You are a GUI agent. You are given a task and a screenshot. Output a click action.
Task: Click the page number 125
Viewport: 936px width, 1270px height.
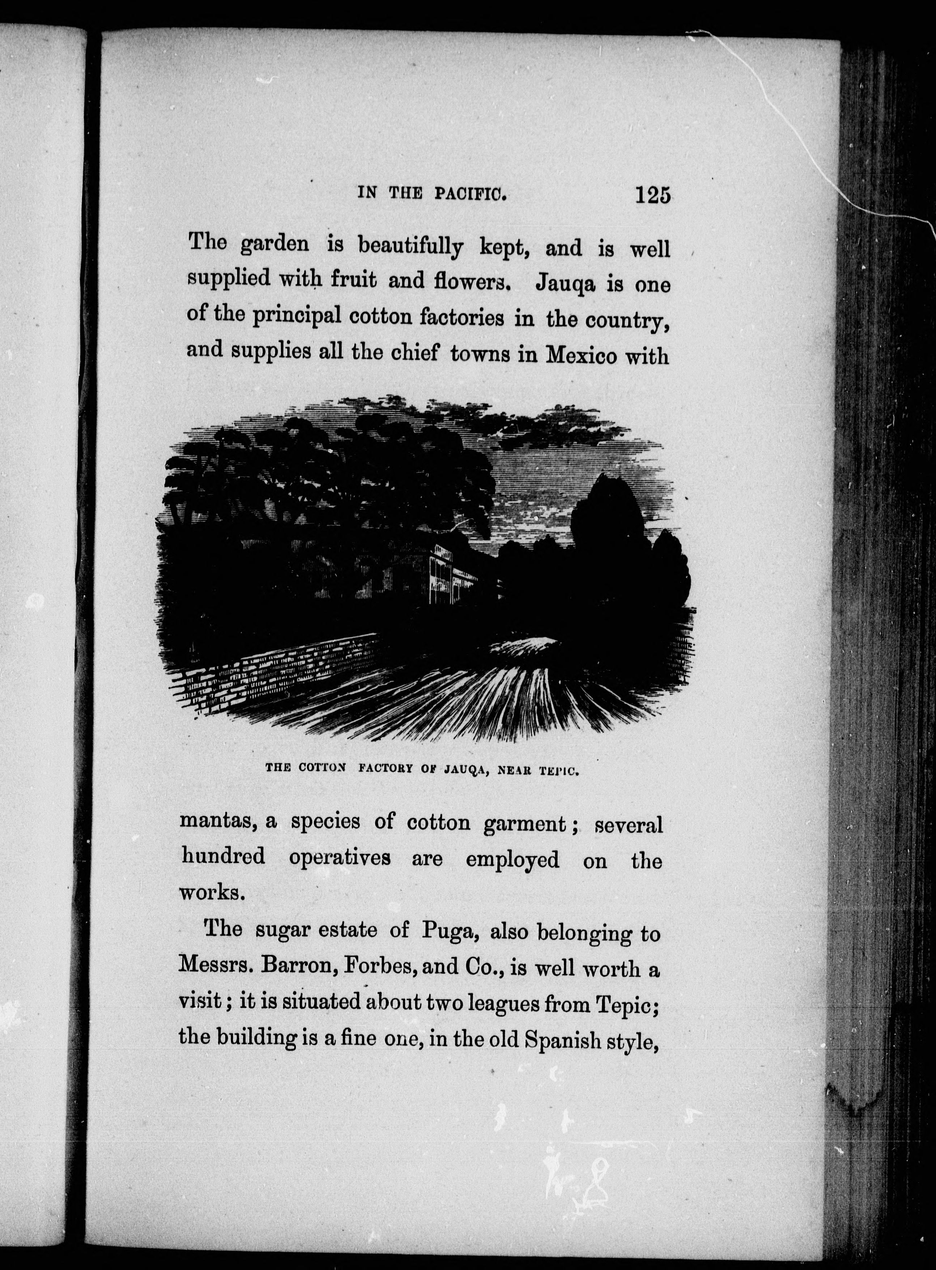(x=653, y=195)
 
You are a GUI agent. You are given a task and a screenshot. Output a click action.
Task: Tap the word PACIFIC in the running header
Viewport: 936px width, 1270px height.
(x=470, y=194)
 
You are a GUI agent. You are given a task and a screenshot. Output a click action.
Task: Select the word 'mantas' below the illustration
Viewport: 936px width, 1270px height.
(x=215, y=822)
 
